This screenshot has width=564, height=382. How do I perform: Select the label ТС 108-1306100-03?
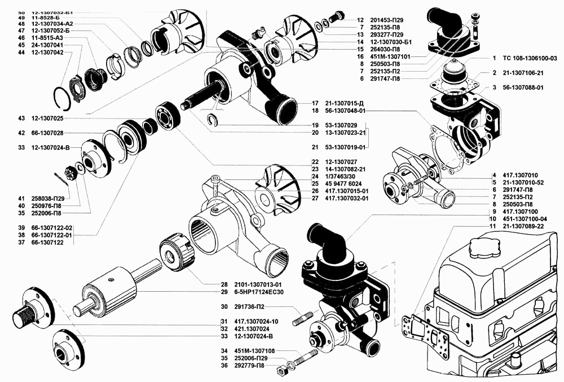530,58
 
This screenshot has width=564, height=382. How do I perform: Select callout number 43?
22,118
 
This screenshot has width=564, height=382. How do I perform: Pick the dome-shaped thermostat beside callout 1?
455,73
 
